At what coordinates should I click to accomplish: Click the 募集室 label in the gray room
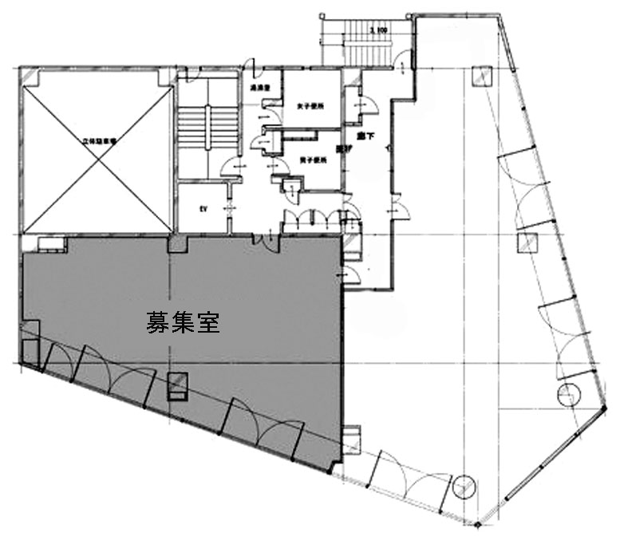(183, 323)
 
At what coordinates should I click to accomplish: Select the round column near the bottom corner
(464, 484)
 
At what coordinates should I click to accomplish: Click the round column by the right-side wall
(567, 393)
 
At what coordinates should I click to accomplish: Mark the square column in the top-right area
(482, 78)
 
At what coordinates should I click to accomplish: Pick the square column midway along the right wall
(526, 243)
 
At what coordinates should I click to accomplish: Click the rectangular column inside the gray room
(177, 385)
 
